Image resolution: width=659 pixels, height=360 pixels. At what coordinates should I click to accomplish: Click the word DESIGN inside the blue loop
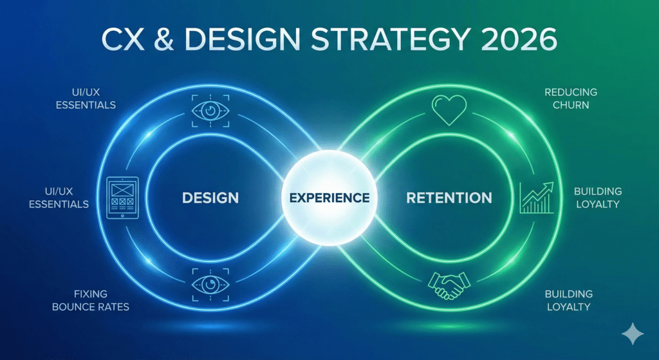coord(210,197)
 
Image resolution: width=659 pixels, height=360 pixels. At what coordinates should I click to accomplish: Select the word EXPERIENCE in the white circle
coord(329,197)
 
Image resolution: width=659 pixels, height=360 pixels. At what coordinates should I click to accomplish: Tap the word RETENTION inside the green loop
coord(449,197)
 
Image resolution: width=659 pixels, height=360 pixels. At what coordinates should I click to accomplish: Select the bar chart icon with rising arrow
coord(537,197)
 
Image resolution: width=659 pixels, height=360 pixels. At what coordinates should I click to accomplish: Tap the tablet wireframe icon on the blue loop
coord(122,197)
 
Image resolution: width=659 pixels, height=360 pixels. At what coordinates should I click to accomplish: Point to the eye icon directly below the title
coord(210,110)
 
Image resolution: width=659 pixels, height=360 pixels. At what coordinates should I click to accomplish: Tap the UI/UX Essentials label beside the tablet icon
coord(63,198)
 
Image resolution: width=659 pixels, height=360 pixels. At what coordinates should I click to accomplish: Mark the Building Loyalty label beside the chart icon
coord(598,198)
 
